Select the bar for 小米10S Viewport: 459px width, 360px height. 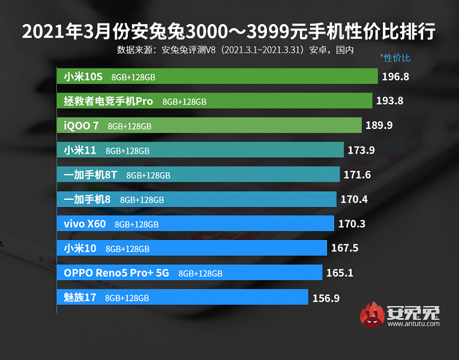pos(270,77)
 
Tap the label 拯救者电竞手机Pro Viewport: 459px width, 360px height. pos(109,101)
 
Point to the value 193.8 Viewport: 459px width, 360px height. pos(389,101)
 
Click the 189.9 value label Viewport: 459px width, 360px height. pos(379,125)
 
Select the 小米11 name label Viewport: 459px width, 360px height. pos(80,150)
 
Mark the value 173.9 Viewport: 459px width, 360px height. pos(361,150)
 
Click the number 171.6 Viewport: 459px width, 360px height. pos(357,175)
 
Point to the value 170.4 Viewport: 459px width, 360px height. pos(353,199)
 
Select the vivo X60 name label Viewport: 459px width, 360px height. pos(85,224)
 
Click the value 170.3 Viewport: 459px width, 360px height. pos(352,224)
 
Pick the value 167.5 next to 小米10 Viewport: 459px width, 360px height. pos(344,248)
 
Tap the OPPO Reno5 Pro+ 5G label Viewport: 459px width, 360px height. pos(117,272)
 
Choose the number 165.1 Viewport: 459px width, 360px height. pos(340,272)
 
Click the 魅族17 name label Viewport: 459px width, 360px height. pos(80,297)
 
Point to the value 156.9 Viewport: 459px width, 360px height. pos(326,297)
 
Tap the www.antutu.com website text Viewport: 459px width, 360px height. pos(413,324)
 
